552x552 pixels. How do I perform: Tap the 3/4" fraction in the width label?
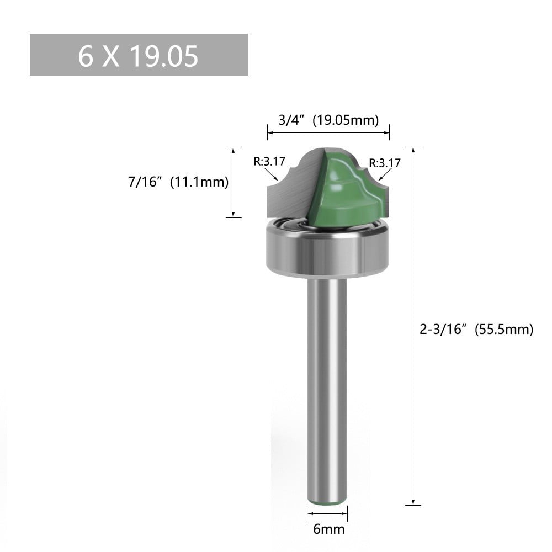pyautogui.click(x=291, y=121)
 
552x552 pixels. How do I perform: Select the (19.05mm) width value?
pyautogui.click(x=346, y=121)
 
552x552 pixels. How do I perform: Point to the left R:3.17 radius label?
pyautogui.click(x=269, y=162)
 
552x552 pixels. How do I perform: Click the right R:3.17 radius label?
pyautogui.click(x=385, y=163)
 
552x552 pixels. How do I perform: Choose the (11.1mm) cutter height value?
pyautogui.click(x=199, y=182)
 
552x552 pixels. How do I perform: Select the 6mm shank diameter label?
pyautogui.click(x=328, y=529)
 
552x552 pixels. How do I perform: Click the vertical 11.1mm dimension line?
pyautogui.click(x=233, y=182)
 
